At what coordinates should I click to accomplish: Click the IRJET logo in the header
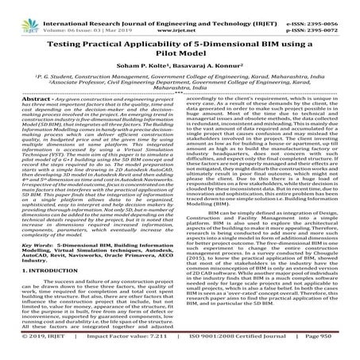tap(19, 10)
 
